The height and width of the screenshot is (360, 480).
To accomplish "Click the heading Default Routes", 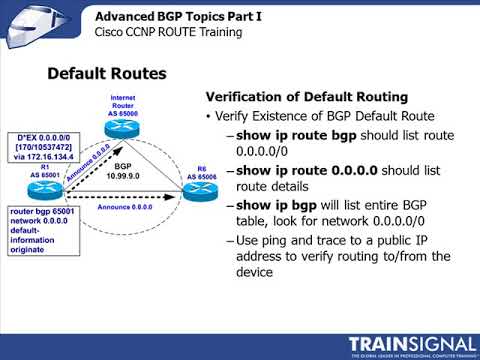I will tap(107, 74).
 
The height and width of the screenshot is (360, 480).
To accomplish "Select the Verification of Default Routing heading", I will tap(306, 97).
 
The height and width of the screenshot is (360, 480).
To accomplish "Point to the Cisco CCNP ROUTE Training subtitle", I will tap(168, 32).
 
